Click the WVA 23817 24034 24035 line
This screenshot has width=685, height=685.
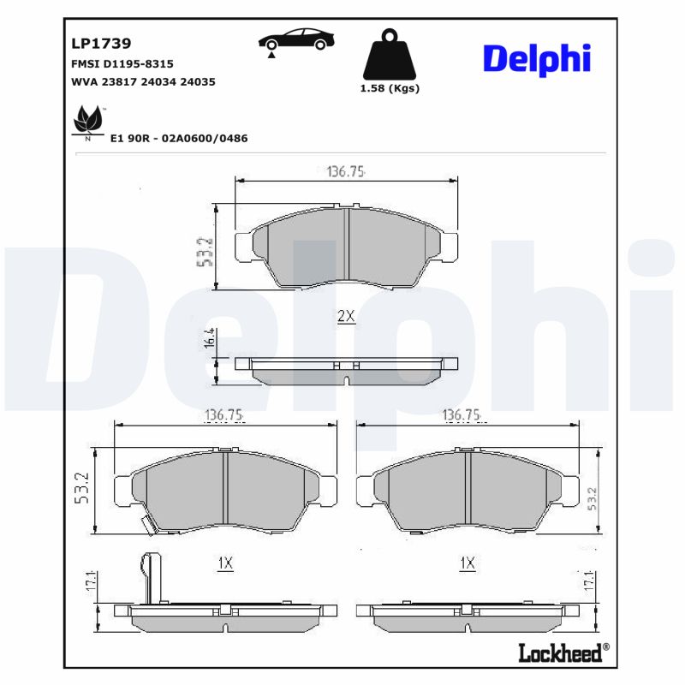pyautogui.click(x=142, y=81)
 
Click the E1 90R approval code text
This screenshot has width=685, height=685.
pyautogui.click(x=179, y=138)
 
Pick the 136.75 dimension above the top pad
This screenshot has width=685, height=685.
pyautogui.click(x=346, y=171)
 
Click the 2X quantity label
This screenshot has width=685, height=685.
pyautogui.click(x=345, y=316)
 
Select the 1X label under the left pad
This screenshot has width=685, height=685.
pyautogui.click(x=225, y=563)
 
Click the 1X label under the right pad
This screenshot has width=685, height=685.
pyautogui.click(x=467, y=563)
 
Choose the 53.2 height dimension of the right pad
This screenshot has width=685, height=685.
pyautogui.click(x=593, y=498)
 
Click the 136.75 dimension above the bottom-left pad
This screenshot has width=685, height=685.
pyautogui.click(x=225, y=415)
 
